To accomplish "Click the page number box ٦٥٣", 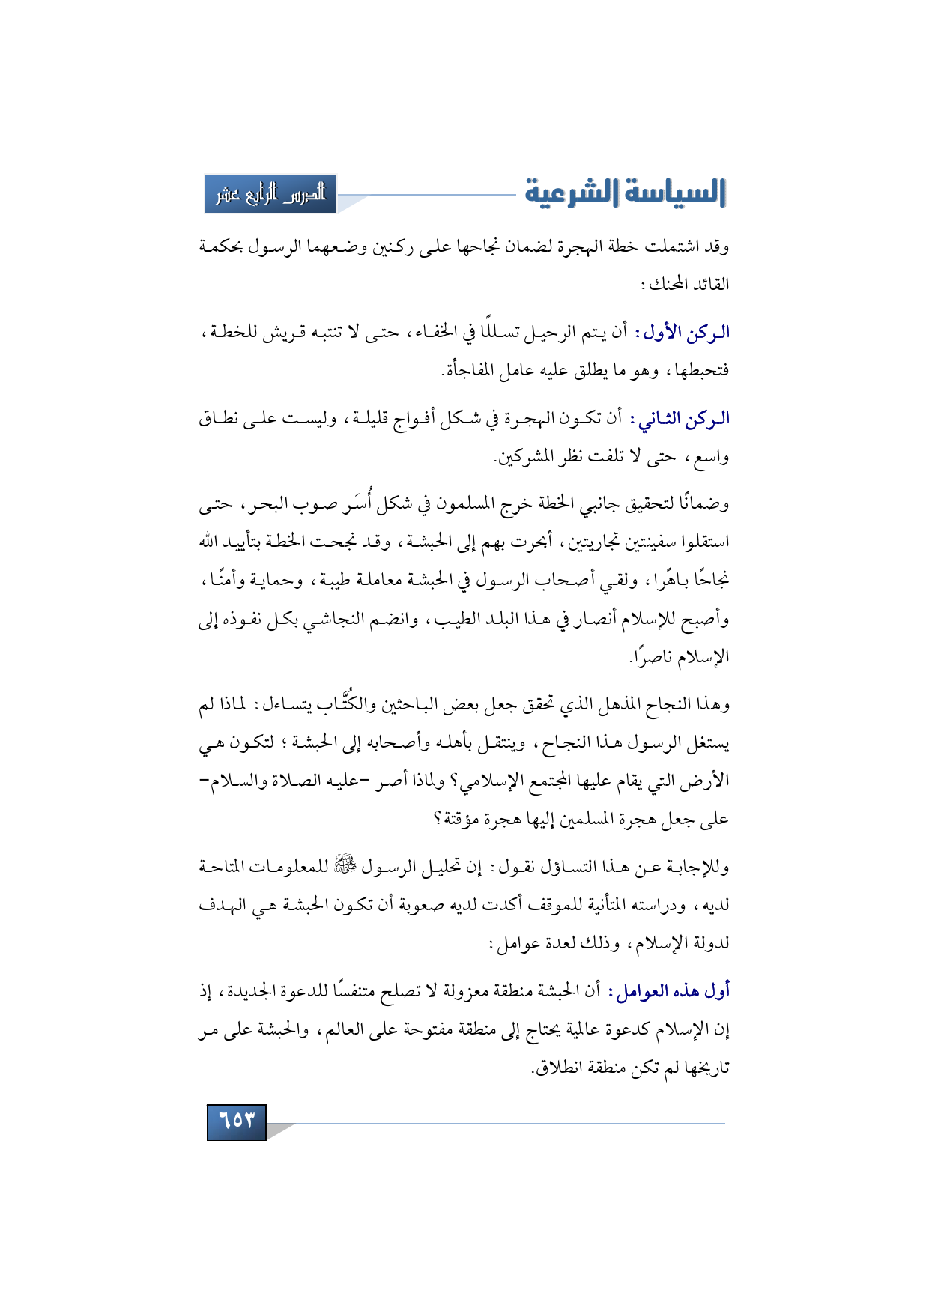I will tap(237, 1121).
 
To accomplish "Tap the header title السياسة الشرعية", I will tap(626, 193).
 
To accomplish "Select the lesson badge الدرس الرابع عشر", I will tap(271, 194).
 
